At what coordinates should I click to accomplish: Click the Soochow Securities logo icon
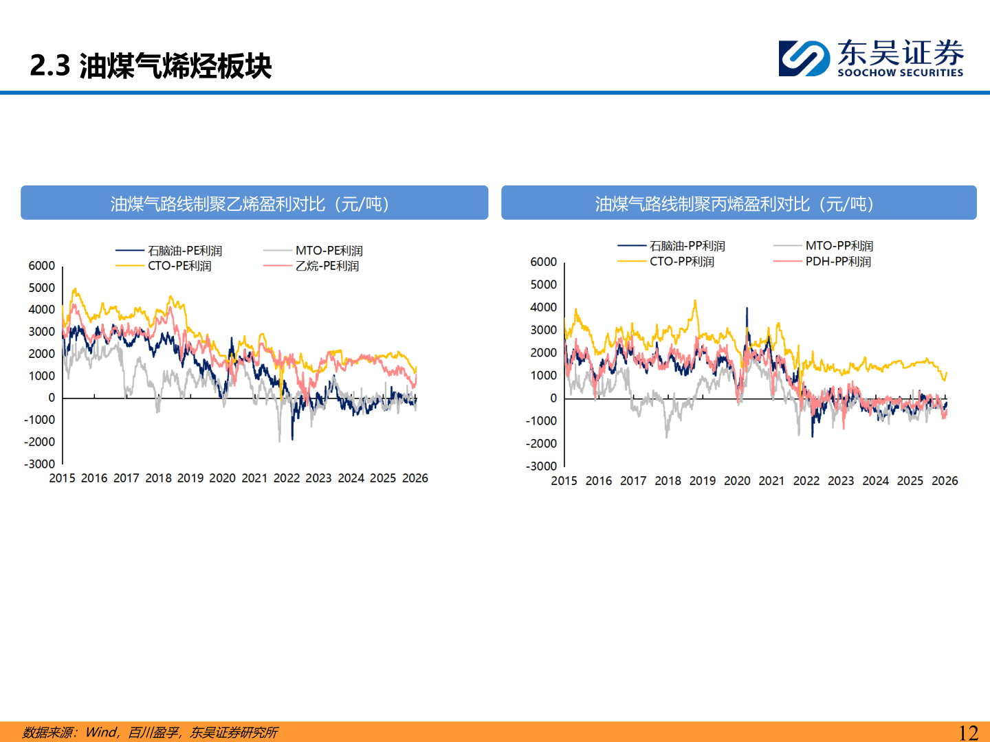[x=804, y=58]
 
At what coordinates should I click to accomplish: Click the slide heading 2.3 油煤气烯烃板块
[x=151, y=66]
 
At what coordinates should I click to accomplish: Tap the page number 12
[x=968, y=732]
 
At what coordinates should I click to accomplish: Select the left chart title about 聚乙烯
[x=254, y=203]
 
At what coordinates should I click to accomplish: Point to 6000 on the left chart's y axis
[x=42, y=266]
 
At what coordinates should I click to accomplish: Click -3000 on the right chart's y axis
[x=542, y=466]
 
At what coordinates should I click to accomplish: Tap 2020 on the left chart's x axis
[x=222, y=478]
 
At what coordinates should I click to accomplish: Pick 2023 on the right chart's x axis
[x=841, y=481]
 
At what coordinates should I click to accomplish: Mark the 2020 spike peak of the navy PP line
[x=747, y=309]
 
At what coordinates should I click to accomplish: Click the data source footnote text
[x=150, y=732]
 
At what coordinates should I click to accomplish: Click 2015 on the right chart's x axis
[x=564, y=481]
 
